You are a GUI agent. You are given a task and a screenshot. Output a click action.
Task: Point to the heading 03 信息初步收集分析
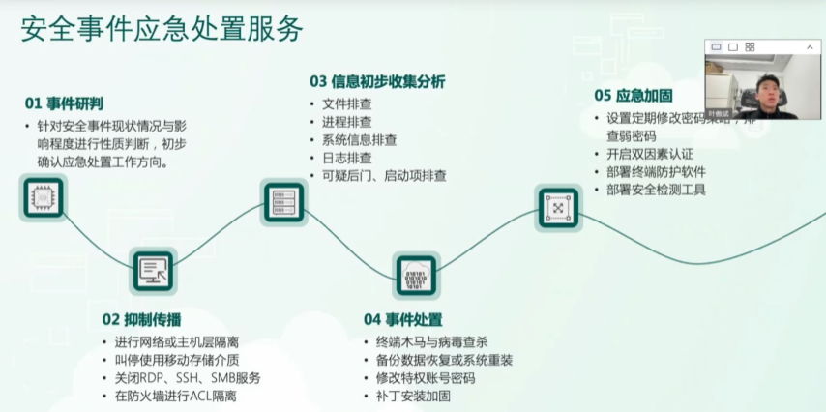(x=377, y=81)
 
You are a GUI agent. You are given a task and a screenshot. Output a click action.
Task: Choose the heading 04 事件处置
(x=402, y=319)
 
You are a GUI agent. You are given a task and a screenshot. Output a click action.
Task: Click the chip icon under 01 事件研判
(x=43, y=197)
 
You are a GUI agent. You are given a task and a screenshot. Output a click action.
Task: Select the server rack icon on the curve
(x=283, y=201)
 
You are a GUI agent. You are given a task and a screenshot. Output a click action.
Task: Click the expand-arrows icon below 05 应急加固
(x=558, y=207)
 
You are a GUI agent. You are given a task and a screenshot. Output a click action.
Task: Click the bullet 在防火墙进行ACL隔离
(x=175, y=396)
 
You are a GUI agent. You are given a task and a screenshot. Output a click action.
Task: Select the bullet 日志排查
(x=346, y=158)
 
